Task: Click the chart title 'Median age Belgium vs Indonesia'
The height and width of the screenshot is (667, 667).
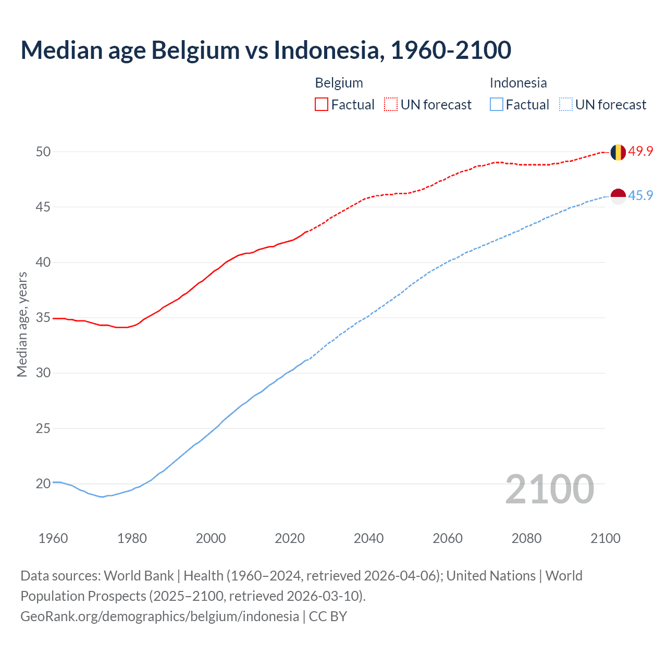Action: [x=266, y=50]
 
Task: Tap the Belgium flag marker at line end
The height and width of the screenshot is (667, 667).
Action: [x=617, y=152]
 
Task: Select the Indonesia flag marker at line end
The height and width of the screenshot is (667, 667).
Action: [x=617, y=196]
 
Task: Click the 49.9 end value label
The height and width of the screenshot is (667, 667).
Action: [x=640, y=152]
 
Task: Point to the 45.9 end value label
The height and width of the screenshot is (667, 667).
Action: [x=640, y=196]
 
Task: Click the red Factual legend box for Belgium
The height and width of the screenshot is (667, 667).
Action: [x=322, y=105]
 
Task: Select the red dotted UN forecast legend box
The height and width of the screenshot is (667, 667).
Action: [x=391, y=105]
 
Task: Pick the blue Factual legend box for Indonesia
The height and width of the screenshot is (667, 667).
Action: [x=497, y=105]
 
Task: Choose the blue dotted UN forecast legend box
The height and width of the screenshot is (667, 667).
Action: [x=565, y=105]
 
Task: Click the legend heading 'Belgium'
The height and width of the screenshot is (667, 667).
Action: [x=339, y=83]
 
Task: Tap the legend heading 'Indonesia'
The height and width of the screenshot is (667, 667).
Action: [x=518, y=83]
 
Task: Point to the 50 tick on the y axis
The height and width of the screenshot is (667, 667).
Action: [x=43, y=152]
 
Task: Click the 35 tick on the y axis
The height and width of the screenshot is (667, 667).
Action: [x=43, y=318]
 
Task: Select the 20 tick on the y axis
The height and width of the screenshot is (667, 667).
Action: [x=43, y=484]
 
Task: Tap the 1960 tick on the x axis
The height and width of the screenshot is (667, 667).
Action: [x=53, y=538]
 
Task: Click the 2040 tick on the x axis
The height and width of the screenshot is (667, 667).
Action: [x=368, y=538]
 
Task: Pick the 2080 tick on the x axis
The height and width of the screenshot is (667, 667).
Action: [x=526, y=538]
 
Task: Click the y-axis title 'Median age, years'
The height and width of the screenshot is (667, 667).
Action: [x=22, y=324]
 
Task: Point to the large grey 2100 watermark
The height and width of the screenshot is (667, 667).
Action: [x=549, y=489]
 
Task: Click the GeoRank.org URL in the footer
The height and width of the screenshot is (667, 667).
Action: [x=159, y=616]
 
